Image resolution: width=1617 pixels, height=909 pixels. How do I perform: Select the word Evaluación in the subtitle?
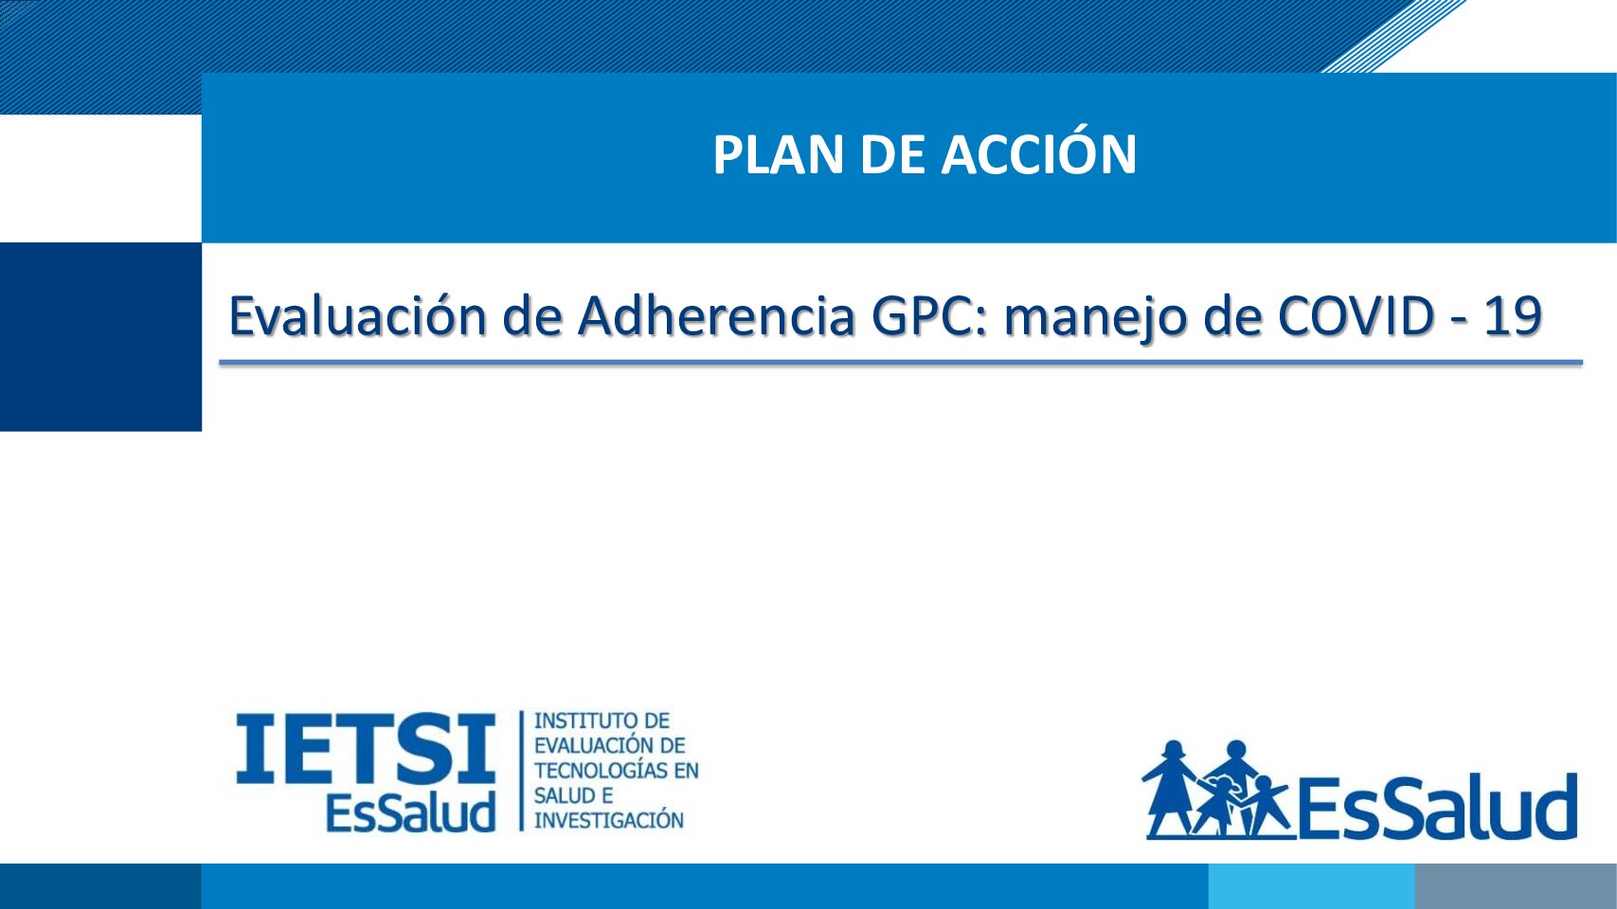(x=358, y=315)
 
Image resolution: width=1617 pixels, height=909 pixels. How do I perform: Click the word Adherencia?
(x=717, y=315)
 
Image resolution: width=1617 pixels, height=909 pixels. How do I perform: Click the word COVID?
(x=1356, y=316)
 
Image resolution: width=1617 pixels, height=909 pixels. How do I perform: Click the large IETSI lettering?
(x=366, y=749)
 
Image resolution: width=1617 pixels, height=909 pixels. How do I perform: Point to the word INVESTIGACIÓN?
(x=608, y=820)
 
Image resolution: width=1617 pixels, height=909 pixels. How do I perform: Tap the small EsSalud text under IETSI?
(x=410, y=812)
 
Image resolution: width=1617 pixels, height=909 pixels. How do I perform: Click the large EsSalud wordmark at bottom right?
(x=1436, y=807)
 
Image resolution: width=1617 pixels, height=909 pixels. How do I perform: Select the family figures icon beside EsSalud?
(x=1217, y=790)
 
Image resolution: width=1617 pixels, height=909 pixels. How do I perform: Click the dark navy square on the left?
(x=100, y=337)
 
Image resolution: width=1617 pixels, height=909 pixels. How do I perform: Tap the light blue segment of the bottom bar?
(x=1311, y=886)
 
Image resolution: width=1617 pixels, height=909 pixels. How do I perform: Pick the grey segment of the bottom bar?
(x=1516, y=886)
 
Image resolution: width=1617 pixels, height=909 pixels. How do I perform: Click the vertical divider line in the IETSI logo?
(x=521, y=771)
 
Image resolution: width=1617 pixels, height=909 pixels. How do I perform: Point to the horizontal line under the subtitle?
(x=901, y=362)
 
